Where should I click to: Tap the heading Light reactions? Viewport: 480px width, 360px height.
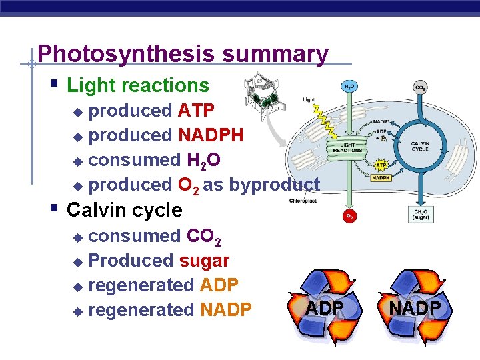pyautogui.click(x=138, y=85)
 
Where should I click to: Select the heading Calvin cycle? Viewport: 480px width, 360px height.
pyautogui.click(x=125, y=210)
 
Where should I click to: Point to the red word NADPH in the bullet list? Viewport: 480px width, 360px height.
pyautogui.click(x=210, y=135)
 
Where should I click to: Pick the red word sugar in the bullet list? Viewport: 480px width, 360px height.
pyautogui.click(x=204, y=260)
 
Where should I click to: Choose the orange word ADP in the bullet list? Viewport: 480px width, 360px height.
pyautogui.click(x=219, y=285)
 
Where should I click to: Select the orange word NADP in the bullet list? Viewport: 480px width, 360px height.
pyautogui.click(x=225, y=309)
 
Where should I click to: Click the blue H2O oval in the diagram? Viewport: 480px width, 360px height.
pyautogui.click(x=349, y=87)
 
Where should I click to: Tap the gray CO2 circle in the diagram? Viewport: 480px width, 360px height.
pyautogui.click(x=421, y=87)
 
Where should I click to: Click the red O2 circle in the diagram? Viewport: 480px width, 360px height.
pyautogui.click(x=349, y=216)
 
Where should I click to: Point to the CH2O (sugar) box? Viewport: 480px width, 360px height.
pyautogui.click(x=420, y=214)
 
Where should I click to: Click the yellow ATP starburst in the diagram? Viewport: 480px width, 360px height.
pyautogui.click(x=381, y=165)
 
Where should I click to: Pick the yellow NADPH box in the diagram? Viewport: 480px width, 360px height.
pyautogui.click(x=381, y=178)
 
